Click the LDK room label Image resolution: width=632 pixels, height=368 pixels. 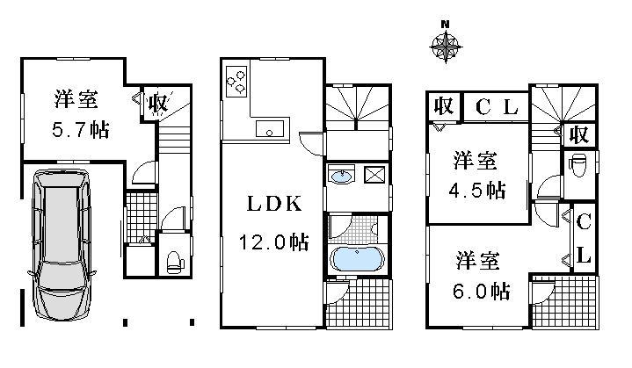pyautogui.click(x=272, y=205)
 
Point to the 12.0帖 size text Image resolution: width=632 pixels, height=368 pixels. pyautogui.click(x=272, y=241)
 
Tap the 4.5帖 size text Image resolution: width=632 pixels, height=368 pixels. pyautogui.click(x=478, y=190)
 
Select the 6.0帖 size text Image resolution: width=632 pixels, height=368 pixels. pyautogui.click(x=478, y=289)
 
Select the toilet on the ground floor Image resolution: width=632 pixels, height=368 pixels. pyautogui.click(x=173, y=259)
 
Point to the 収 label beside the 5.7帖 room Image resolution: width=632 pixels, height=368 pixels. pyautogui.click(x=157, y=104)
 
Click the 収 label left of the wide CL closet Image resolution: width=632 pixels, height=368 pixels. pyautogui.click(x=444, y=106)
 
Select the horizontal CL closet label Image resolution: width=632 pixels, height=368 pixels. pyautogui.click(x=498, y=107)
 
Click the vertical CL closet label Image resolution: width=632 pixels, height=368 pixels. pyautogui.click(x=582, y=237)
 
